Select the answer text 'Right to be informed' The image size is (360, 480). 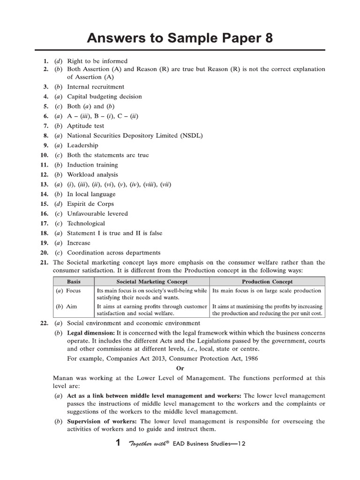[97, 61]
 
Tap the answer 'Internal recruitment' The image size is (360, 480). [96, 87]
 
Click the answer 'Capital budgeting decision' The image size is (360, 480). [104, 97]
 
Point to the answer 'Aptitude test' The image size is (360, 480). [86, 126]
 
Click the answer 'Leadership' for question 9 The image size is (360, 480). [83, 145]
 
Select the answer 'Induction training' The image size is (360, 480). [92, 165]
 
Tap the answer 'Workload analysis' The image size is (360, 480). [92, 175]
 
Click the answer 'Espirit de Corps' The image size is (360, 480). [90, 204]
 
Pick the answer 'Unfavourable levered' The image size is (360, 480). [97, 214]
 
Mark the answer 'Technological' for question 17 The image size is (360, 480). [86, 224]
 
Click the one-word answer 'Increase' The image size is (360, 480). [79, 243]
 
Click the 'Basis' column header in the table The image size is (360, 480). [74, 282]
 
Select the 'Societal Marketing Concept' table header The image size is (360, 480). [152, 282]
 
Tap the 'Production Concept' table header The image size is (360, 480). [267, 282]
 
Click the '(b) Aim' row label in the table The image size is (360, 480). [67, 306]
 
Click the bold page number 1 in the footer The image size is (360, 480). [119, 443]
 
